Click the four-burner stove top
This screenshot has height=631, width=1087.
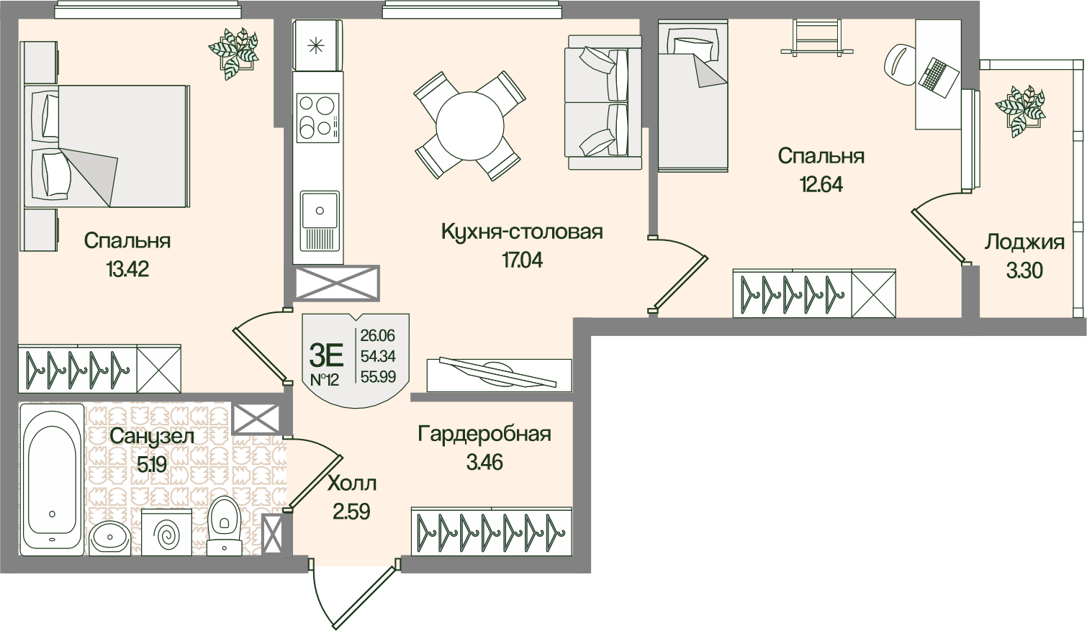pyautogui.click(x=318, y=118)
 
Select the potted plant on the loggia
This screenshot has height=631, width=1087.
pyautogui.click(x=1019, y=111)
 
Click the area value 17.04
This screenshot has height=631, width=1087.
pyautogui.click(x=522, y=260)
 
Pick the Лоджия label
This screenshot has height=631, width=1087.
pyautogui.click(x=1024, y=242)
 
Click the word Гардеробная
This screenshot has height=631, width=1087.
pyautogui.click(x=484, y=434)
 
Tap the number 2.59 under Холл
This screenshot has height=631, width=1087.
pyautogui.click(x=351, y=511)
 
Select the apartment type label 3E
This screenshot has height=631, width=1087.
pyautogui.click(x=326, y=355)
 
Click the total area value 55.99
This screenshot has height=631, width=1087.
pyautogui.click(x=378, y=376)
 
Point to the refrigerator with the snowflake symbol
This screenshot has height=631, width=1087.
pyautogui.click(x=318, y=45)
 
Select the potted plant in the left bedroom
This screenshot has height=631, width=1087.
pyautogui.click(x=233, y=53)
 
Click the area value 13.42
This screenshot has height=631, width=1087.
pyautogui.click(x=127, y=268)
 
